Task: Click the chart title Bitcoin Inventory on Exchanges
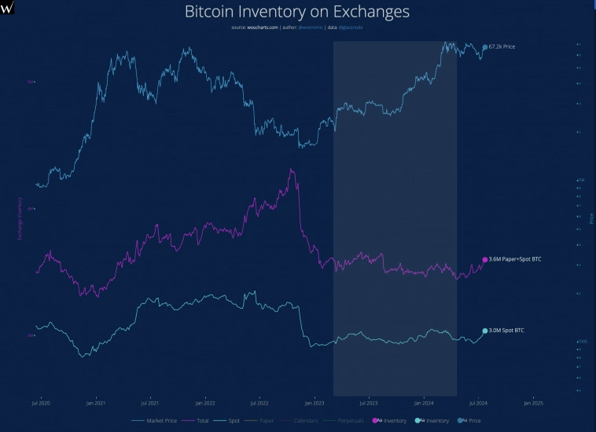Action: click(x=297, y=13)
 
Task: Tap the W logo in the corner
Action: click(x=8, y=8)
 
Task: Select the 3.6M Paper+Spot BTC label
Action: click(x=515, y=258)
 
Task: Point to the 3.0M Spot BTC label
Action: click(x=506, y=331)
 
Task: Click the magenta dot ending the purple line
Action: click(x=485, y=259)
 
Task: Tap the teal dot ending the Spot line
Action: click(x=485, y=331)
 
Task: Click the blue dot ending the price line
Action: click(x=484, y=48)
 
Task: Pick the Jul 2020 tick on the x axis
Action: click(x=41, y=403)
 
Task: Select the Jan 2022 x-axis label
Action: click(x=205, y=403)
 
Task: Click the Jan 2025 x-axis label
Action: click(x=533, y=403)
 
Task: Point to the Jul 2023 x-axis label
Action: click(x=369, y=403)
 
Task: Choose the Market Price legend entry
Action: click(x=160, y=421)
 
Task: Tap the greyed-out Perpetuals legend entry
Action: click(x=351, y=421)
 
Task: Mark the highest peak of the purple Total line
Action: click(x=292, y=169)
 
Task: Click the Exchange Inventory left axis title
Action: click(x=20, y=216)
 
